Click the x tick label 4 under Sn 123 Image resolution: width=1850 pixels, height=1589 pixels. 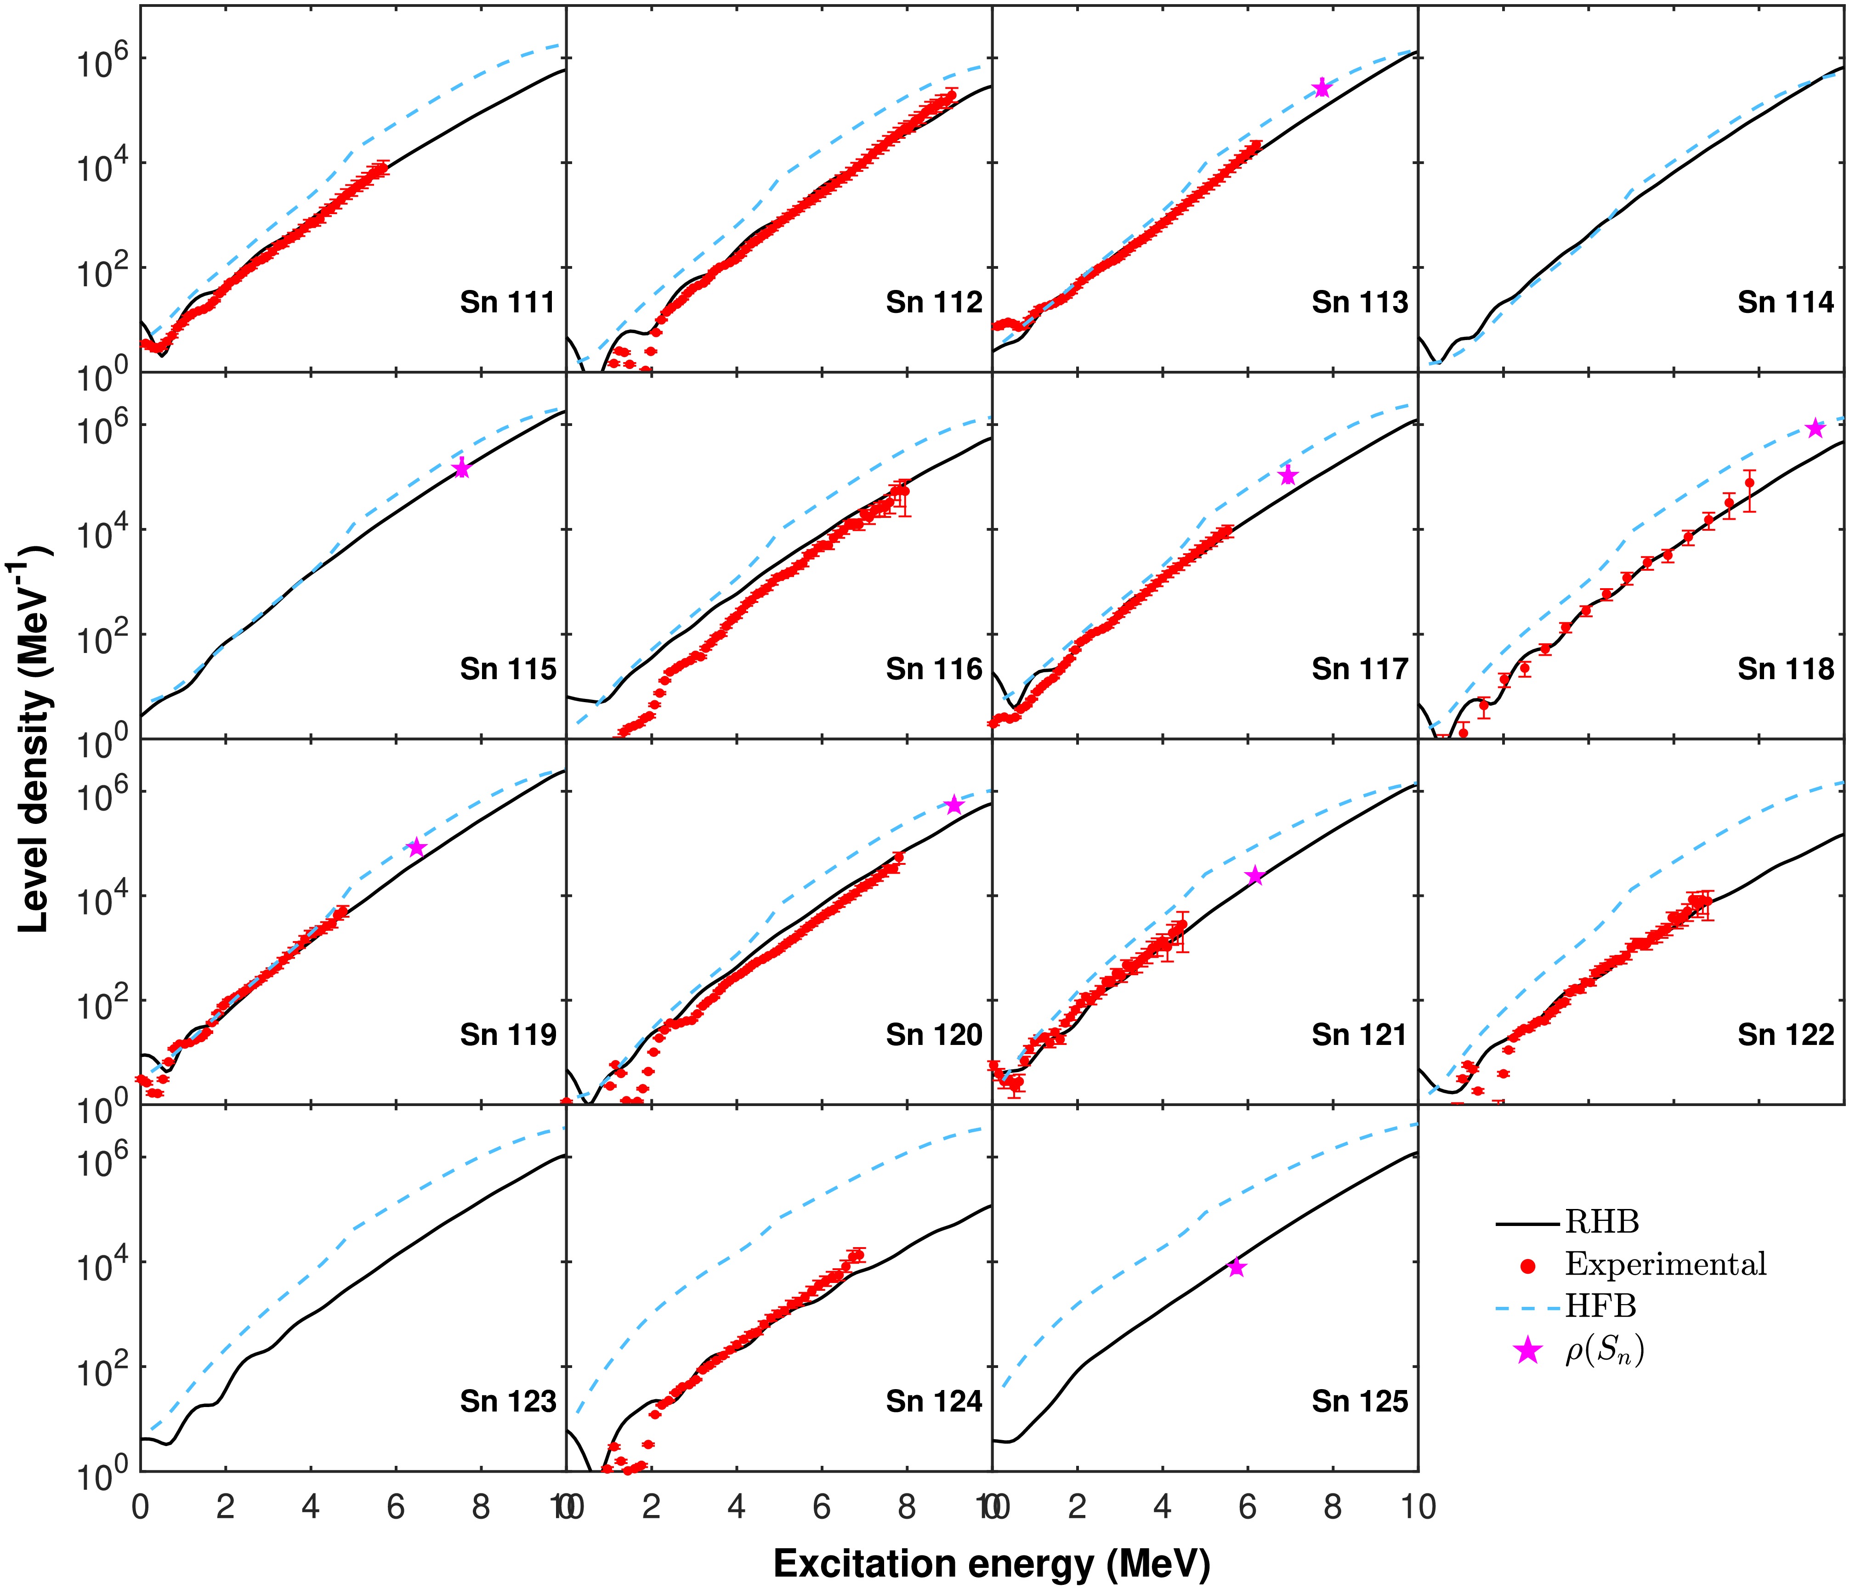[310, 1507]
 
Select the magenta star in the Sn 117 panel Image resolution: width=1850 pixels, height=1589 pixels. [1288, 475]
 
